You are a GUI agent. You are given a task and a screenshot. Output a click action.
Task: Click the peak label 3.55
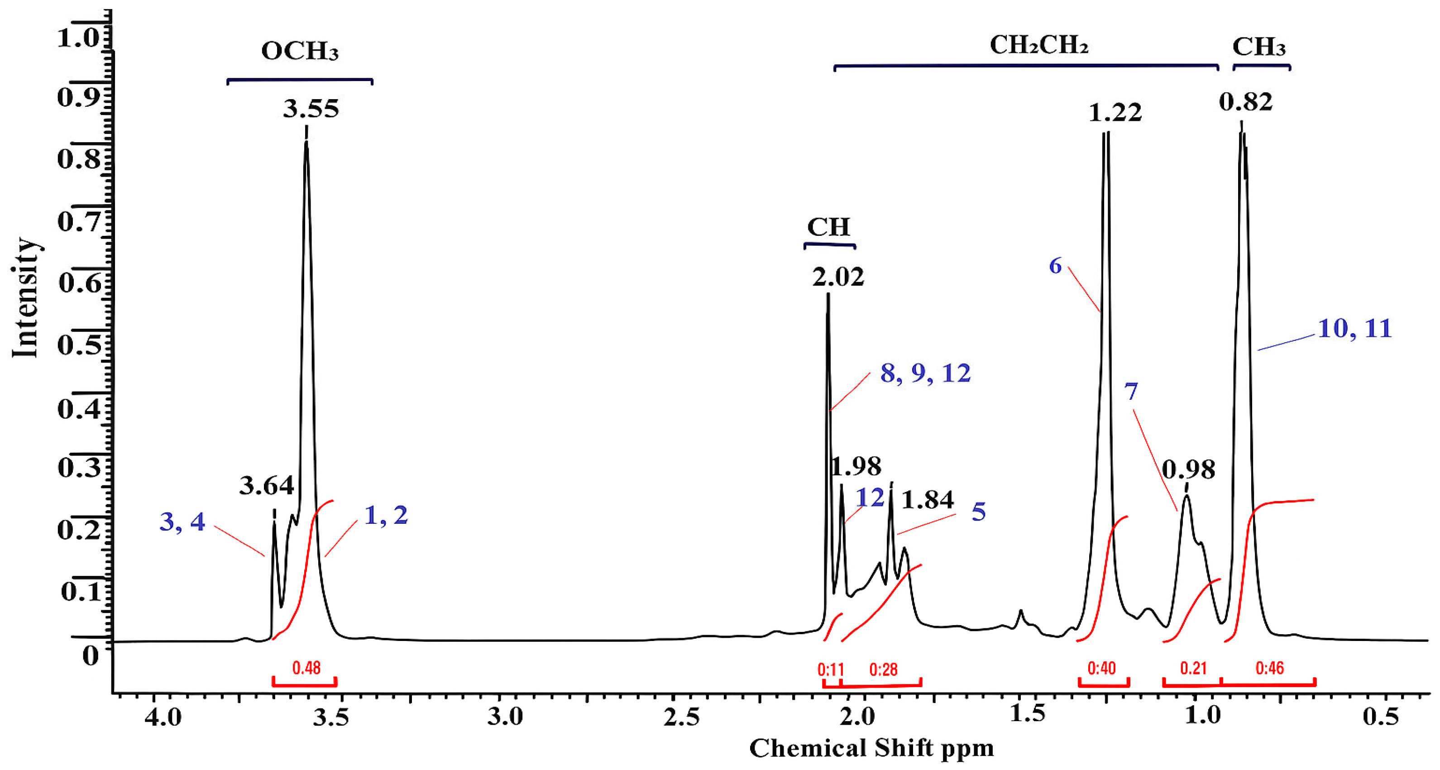tap(311, 109)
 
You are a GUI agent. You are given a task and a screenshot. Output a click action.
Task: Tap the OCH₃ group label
tap(300, 52)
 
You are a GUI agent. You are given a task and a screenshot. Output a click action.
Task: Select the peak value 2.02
tap(838, 277)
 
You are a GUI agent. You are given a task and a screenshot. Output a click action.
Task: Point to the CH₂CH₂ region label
tap(1038, 45)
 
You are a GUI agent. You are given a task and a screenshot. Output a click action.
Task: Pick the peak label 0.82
tap(1245, 102)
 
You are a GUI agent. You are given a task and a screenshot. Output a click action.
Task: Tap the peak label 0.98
tap(1188, 470)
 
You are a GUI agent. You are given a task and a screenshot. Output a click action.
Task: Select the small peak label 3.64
tap(267, 485)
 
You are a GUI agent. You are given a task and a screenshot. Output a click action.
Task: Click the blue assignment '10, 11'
tap(1354, 329)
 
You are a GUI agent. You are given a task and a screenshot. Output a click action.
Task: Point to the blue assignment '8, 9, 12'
tap(925, 373)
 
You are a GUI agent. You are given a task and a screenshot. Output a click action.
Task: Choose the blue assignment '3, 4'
tap(182, 522)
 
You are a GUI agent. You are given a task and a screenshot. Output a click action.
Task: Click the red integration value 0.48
tap(306, 668)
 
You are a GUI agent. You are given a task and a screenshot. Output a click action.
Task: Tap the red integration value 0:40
tap(1101, 668)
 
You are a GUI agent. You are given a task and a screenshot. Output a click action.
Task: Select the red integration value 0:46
tap(1269, 668)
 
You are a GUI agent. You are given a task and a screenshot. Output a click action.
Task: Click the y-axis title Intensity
tap(26, 297)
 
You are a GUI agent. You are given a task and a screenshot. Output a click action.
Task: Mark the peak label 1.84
tap(928, 500)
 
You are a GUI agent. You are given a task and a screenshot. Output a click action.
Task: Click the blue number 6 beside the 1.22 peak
tap(1055, 266)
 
